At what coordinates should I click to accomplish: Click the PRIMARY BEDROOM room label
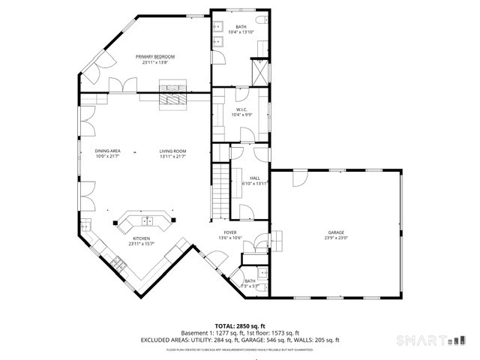click(155, 57)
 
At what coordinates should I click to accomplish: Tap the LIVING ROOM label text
click(172, 151)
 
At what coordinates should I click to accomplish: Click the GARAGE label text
click(335, 232)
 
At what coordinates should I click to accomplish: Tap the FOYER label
click(230, 232)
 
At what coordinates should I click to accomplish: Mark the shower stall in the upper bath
click(259, 72)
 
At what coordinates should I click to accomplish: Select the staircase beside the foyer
click(219, 189)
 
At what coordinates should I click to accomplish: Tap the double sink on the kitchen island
click(148, 221)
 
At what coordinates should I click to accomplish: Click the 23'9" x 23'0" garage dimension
click(335, 238)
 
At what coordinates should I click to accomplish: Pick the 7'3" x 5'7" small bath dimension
click(250, 286)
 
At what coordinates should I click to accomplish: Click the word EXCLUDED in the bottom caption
click(158, 340)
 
